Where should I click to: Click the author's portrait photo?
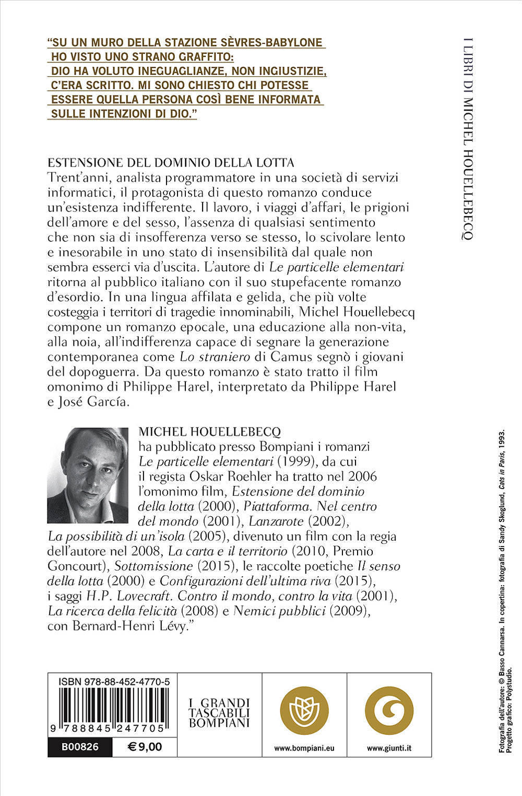point(88,476)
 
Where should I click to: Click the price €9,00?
point(145,747)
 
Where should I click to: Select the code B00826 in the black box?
point(80,747)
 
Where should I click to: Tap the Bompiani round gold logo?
point(304,710)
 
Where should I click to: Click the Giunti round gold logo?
point(389,710)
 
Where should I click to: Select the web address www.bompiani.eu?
point(304,748)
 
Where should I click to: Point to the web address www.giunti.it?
point(389,748)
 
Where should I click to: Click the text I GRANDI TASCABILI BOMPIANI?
point(219,713)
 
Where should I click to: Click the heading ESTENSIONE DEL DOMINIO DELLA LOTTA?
point(171,162)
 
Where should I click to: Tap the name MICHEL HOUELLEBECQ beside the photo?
point(210,432)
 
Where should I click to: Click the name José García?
point(94,402)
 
